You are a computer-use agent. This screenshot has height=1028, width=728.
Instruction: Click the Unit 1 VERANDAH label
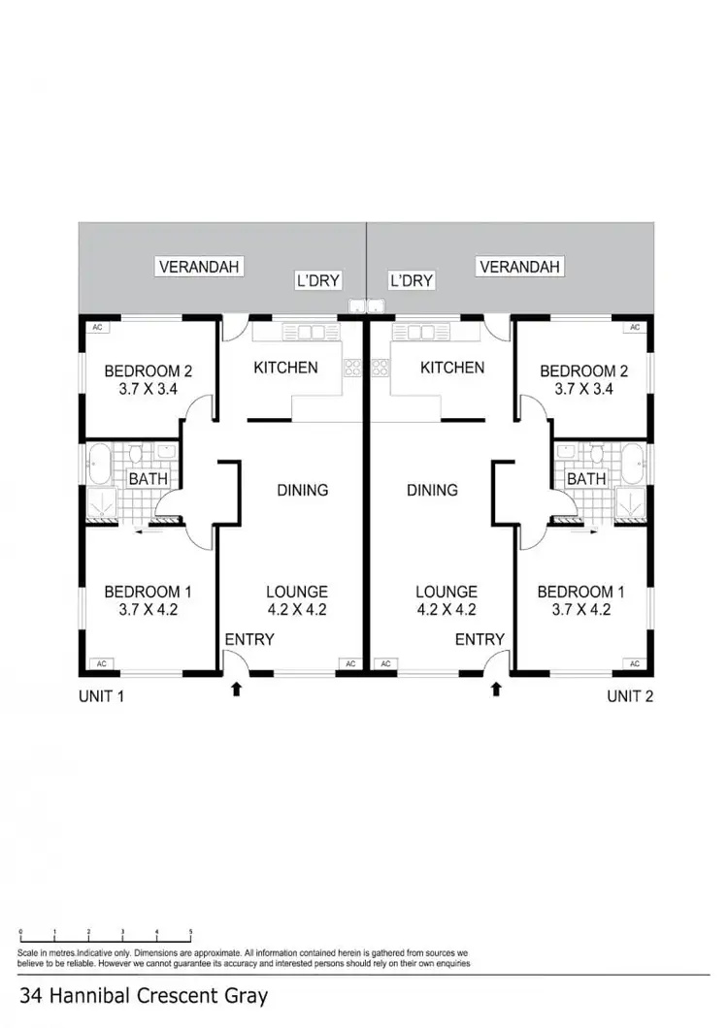coord(200,266)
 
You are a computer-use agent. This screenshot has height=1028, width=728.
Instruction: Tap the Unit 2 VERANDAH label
coord(520,266)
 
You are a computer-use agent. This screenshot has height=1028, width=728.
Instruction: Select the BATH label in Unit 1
coord(148,478)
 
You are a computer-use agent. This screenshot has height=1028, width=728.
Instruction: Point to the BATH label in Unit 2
coord(586,478)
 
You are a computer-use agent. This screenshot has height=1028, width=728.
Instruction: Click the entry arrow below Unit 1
coord(236,690)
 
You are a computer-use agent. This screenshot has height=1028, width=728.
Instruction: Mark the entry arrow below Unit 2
coord(496,690)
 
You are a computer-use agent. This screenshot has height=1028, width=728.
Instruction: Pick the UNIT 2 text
coord(631,695)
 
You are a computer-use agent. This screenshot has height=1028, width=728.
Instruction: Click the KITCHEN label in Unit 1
coord(285,368)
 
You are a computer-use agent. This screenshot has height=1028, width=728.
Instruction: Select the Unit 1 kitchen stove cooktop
coord(351,367)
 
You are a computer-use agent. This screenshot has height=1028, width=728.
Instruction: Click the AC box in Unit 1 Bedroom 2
coord(97,327)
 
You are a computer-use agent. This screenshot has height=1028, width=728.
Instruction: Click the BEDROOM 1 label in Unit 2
coord(576,592)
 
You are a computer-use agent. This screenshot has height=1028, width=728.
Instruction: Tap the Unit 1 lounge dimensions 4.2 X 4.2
coord(297,610)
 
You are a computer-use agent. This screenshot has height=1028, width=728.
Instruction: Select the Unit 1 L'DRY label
coord(318,281)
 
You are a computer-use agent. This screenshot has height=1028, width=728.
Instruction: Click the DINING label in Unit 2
coord(432,490)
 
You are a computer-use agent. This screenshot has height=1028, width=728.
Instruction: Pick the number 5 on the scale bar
coord(191,932)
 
